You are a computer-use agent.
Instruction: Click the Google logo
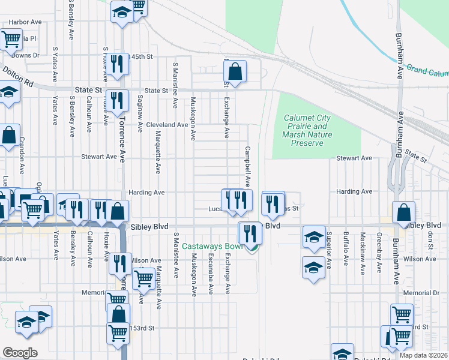point(20,352)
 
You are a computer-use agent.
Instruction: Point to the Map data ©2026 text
point(423,355)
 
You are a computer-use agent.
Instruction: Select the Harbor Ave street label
point(25,22)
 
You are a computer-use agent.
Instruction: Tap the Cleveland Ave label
point(167,125)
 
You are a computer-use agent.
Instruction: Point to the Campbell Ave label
point(247,165)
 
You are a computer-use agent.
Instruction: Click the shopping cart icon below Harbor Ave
point(11,40)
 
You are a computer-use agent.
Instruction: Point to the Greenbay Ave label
point(379,253)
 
